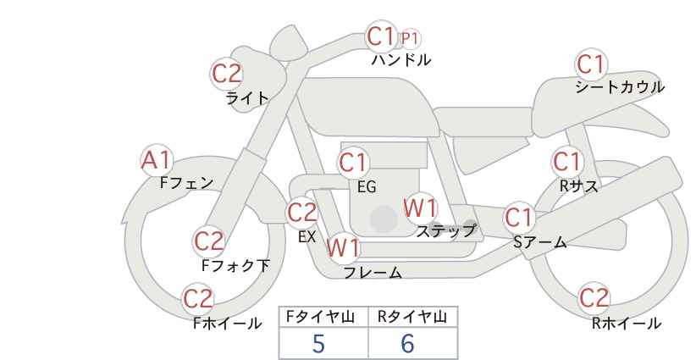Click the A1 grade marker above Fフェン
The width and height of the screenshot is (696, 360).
tap(157, 161)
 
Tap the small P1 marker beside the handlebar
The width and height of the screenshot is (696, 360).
tap(410, 39)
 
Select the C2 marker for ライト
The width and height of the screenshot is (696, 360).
tap(227, 74)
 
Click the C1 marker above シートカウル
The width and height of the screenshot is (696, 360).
tap(591, 64)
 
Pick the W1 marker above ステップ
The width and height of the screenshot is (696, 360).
tap(420, 208)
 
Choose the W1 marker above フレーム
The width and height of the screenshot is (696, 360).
tap(343, 247)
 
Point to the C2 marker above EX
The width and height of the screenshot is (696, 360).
tap(302, 213)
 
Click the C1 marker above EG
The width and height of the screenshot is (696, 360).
tap(353, 163)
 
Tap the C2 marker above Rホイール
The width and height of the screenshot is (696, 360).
tap(594, 297)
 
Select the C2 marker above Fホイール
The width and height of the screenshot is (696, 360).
tap(198, 299)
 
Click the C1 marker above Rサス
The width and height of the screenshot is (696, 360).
tap(566, 162)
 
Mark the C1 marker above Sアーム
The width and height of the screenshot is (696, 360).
tap(519, 218)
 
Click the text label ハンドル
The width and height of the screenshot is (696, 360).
tap(401, 60)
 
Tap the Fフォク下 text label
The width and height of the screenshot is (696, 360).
tap(235, 265)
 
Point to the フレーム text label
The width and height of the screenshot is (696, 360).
tap(373, 273)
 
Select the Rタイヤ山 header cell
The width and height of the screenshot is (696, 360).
tap(413, 317)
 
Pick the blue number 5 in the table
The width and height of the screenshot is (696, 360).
tap(318, 343)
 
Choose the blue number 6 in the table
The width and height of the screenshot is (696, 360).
tap(407, 343)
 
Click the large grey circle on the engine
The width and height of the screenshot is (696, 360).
tap(384, 219)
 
